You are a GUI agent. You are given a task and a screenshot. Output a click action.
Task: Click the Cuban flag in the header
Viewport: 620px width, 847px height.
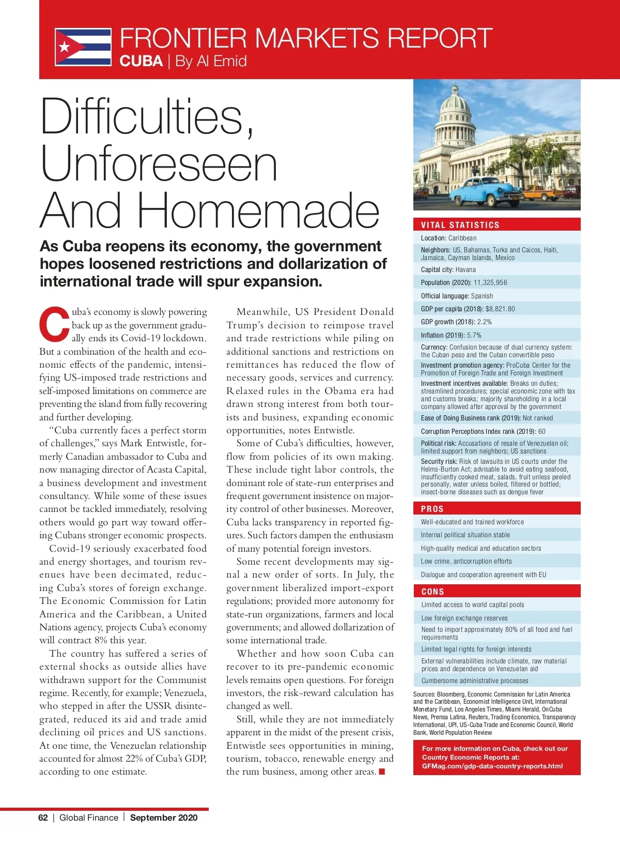[x=83, y=47]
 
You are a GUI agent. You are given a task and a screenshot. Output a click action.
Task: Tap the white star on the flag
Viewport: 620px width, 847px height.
[x=65, y=48]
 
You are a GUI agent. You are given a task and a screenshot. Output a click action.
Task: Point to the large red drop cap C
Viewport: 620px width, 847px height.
[x=54, y=325]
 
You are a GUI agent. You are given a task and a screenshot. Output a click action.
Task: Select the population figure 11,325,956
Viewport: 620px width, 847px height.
[x=490, y=283]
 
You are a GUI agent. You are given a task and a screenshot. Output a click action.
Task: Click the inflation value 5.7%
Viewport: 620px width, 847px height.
[x=474, y=335]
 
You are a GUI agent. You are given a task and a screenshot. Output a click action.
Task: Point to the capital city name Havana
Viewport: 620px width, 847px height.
[x=466, y=270]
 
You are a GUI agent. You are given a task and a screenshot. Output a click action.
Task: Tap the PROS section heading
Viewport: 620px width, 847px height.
[x=432, y=509]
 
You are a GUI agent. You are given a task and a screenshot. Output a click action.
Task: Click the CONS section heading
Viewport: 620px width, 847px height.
[x=432, y=592]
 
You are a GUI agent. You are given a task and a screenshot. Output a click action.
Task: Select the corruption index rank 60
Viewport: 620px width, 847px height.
[x=541, y=431]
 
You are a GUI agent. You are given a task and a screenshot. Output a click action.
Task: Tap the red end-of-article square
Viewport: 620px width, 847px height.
[x=382, y=772]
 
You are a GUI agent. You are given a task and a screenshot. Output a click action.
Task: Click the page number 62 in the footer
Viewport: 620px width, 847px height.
[x=43, y=818]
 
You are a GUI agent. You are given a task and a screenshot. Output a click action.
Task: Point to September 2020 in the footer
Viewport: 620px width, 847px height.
[x=164, y=818]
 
